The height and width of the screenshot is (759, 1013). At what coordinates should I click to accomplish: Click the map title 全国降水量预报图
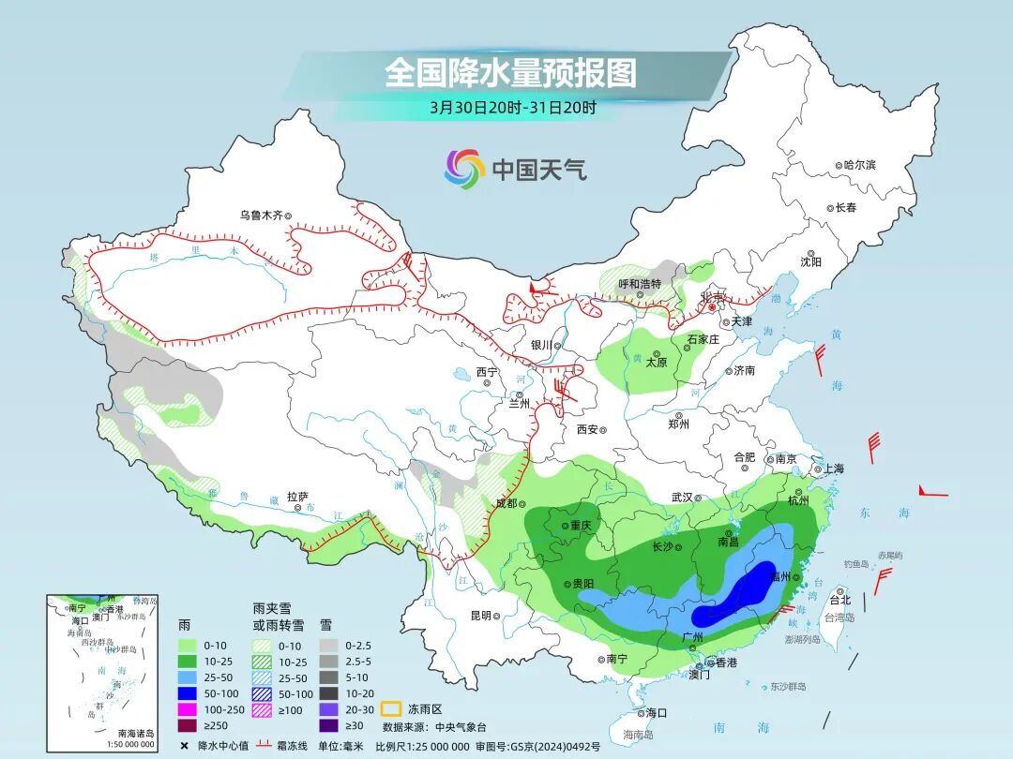click(510, 73)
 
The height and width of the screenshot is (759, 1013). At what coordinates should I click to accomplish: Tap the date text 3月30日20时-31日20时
click(512, 107)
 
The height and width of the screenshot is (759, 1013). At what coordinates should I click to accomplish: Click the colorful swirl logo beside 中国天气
click(464, 169)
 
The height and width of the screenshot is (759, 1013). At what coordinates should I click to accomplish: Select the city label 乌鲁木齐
click(261, 215)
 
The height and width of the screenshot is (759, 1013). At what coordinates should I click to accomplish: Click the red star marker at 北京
click(712, 306)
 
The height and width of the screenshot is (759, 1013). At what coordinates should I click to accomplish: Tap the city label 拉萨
click(298, 497)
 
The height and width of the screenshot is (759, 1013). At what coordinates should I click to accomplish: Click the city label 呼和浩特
click(640, 284)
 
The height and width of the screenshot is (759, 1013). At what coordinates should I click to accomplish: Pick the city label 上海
click(833, 469)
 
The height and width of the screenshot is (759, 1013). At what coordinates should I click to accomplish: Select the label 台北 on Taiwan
click(839, 600)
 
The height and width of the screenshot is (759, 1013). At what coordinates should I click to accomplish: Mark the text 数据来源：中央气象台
click(434, 726)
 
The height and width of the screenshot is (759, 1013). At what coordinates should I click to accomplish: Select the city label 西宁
click(487, 372)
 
